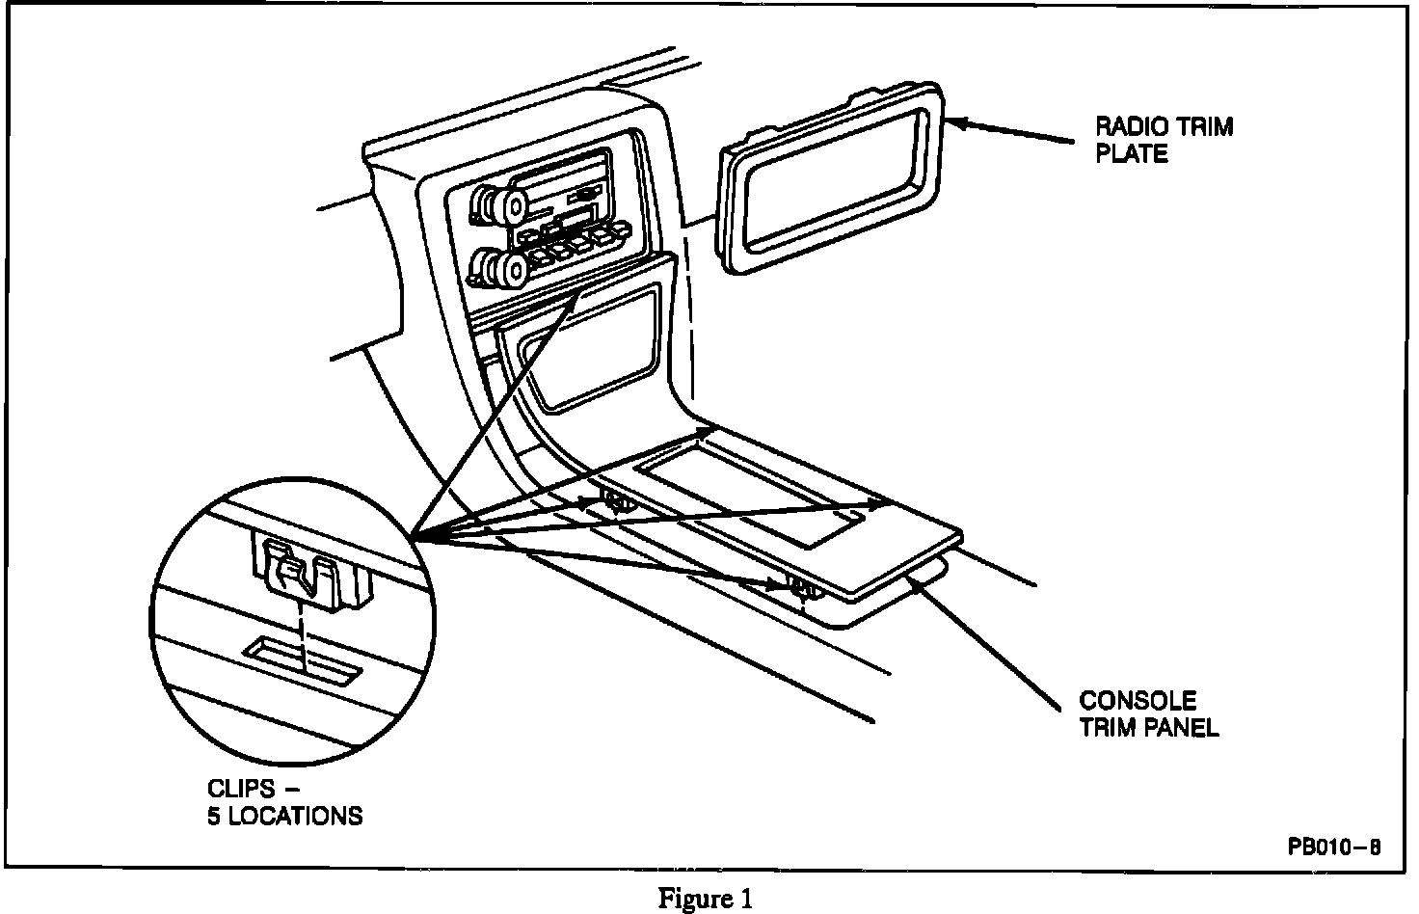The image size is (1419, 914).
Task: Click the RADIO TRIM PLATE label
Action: pyautogui.click(x=1164, y=140)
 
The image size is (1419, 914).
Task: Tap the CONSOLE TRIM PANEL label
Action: pyautogui.click(x=1148, y=713)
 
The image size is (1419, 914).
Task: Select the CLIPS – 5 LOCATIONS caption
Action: pyautogui.click(x=284, y=802)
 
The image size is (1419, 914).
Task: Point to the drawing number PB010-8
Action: pyautogui.click(x=1333, y=847)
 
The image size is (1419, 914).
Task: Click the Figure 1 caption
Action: pyautogui.click(x=705, y=899)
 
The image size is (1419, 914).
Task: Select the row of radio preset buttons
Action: pyautogui.click(x=564, y=243)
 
